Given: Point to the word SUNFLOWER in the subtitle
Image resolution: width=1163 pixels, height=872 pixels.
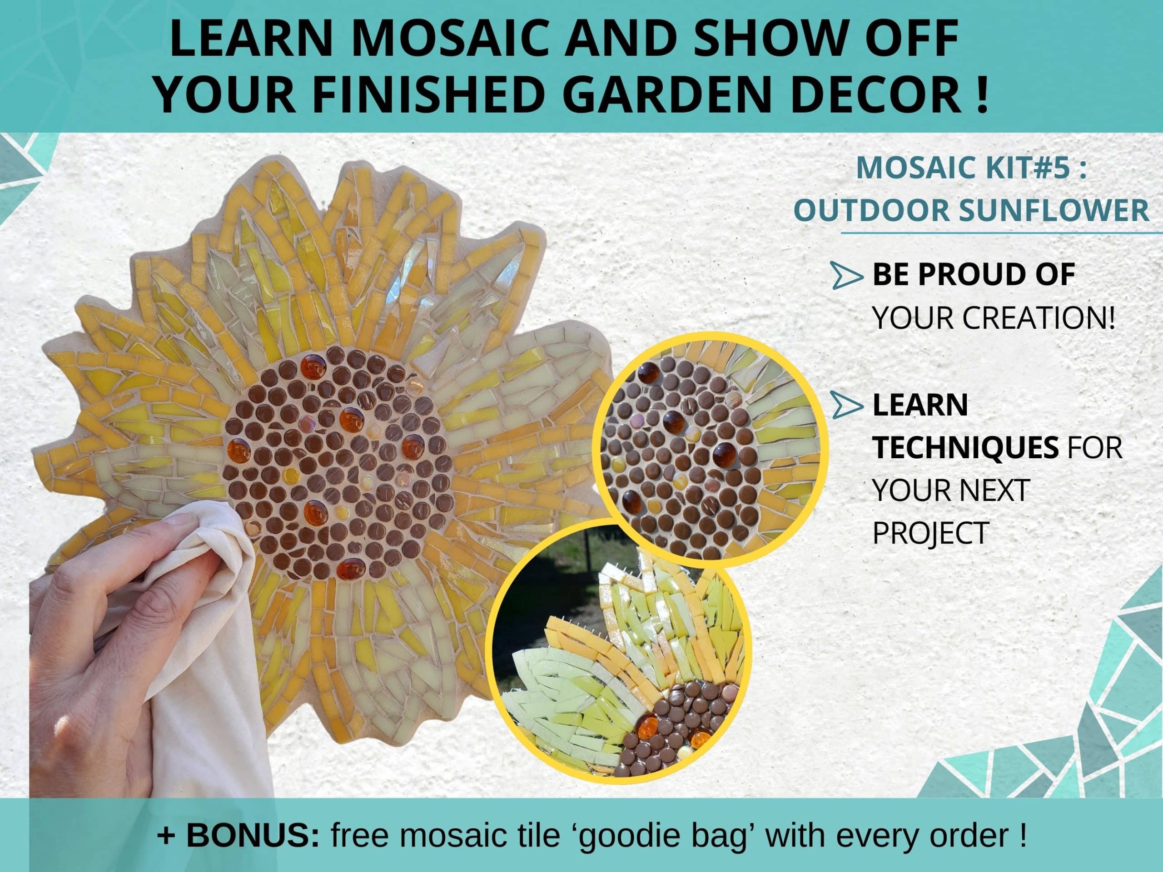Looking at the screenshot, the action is pyautogui.click(x=1054, y=210).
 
